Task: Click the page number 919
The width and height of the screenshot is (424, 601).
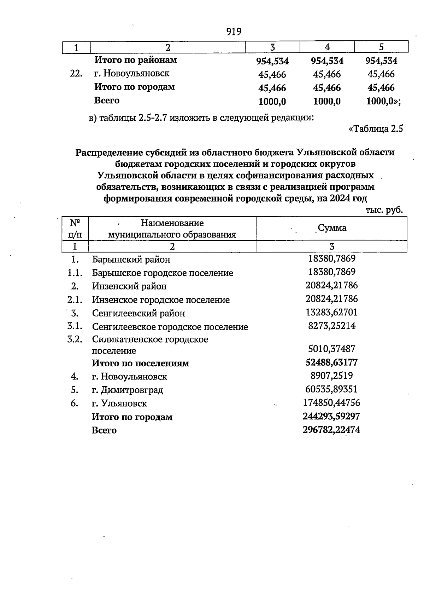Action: [234, 32]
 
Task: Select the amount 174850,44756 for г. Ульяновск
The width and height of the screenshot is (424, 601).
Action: [331, 403]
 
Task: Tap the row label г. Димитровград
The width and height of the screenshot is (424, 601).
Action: [127, 390]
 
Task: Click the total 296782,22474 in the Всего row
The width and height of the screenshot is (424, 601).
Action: [331, 430]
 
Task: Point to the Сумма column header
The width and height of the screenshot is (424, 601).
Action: [332, 228]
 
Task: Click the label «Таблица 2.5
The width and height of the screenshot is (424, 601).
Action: [376, 129]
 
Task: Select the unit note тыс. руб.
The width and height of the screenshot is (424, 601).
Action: [384, 210]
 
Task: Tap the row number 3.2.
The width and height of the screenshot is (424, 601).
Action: [75, 339]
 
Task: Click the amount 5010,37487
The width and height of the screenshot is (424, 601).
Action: [331, 349]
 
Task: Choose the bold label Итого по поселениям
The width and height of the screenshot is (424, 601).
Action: [140, 363]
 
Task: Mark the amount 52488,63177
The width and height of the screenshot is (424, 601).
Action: [331, 362]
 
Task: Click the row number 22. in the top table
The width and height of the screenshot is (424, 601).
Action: [77, 74]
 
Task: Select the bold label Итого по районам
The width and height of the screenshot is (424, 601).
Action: [135, 60]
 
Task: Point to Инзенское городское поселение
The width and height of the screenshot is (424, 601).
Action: [161, 300]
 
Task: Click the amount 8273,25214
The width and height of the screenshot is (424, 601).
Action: [331, 326]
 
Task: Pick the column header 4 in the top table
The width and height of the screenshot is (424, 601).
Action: [327, 47]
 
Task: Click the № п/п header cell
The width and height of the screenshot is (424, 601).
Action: [75, 228]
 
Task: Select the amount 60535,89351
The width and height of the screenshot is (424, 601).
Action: [331, 389]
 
